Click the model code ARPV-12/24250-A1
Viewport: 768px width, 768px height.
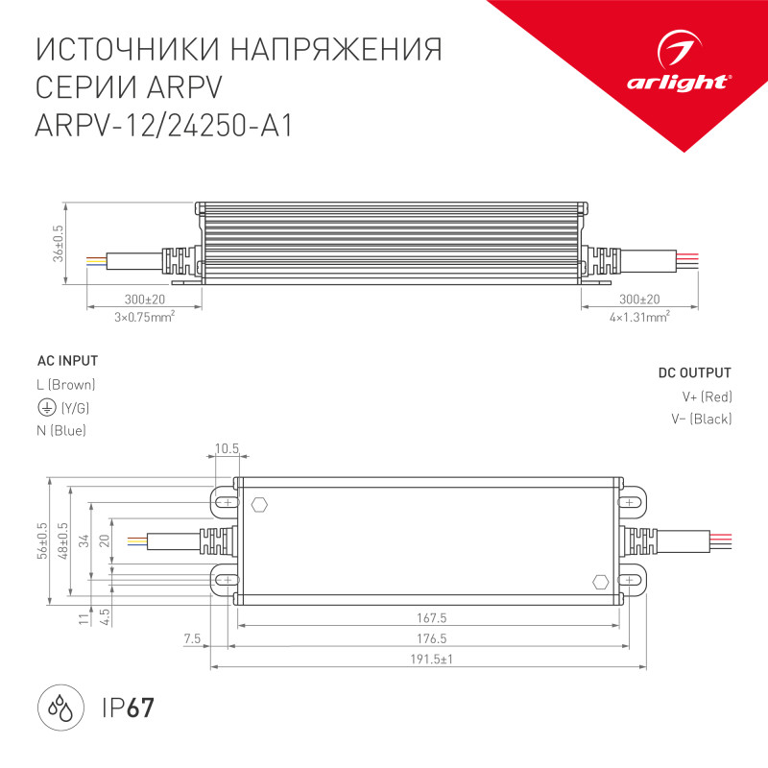tap(162, 125)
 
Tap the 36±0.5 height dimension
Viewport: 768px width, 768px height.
tap(59, 244)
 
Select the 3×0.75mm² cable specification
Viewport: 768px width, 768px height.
tap(144, 316)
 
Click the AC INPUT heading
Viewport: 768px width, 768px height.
tap(67, 361)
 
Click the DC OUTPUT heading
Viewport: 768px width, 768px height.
tap(694, 372)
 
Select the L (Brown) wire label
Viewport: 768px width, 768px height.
tap(65, 385)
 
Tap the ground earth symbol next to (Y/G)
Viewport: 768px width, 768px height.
tap(45, 408)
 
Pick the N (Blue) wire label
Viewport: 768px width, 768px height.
tap(61, 431)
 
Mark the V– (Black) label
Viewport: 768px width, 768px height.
tap(702, 419)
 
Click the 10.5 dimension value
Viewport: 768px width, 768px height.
tap(227, 448)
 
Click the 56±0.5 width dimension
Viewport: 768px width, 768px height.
tap(41, 540)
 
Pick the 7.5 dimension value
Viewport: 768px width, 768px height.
tap(191, 638)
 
